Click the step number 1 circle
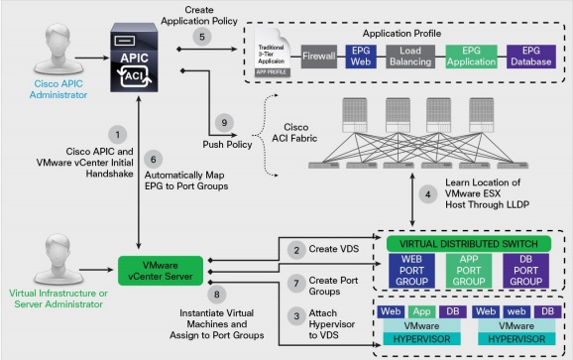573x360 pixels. point(118,132)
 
